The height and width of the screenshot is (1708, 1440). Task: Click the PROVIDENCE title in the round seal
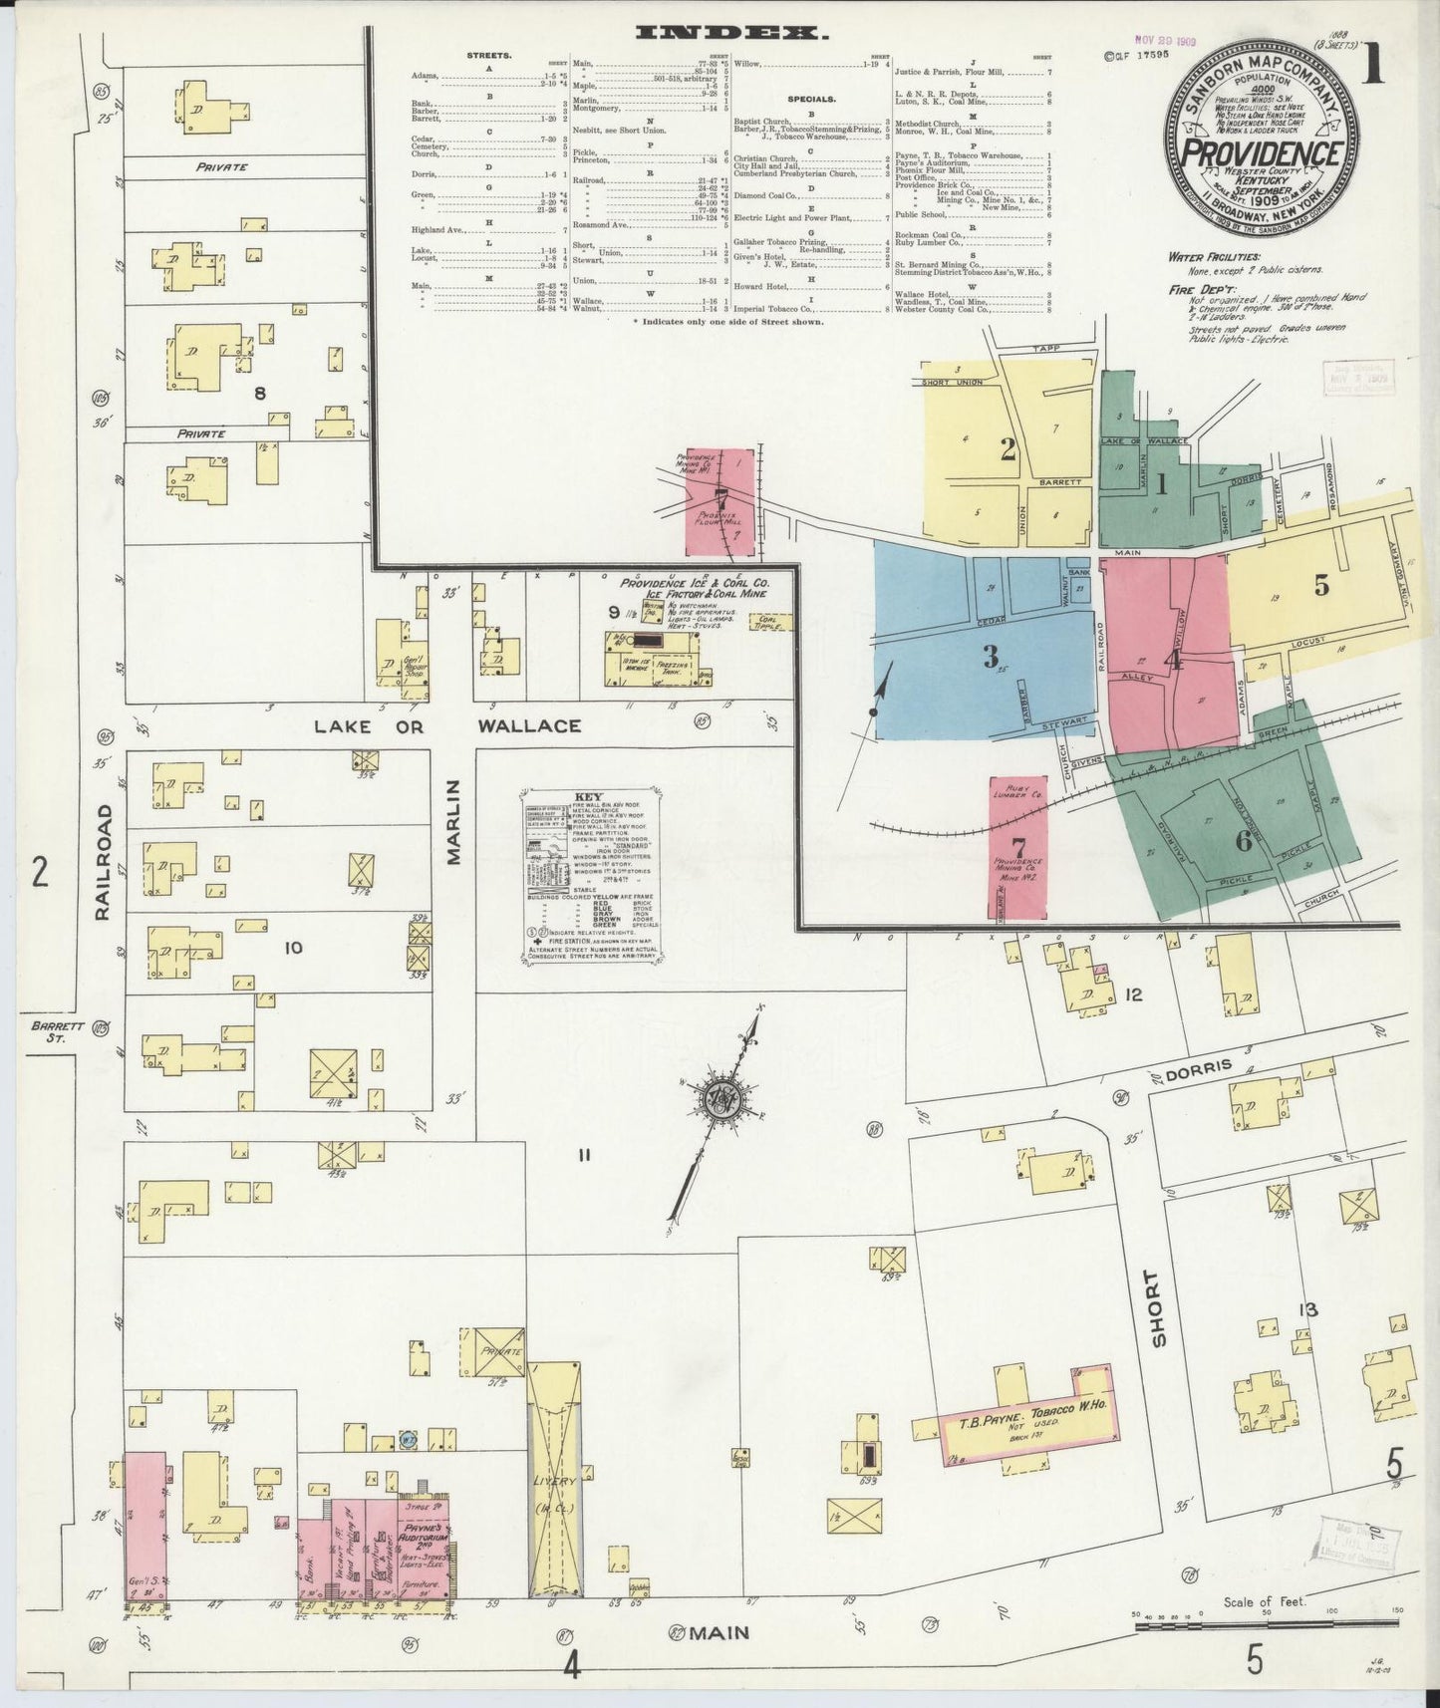1261,153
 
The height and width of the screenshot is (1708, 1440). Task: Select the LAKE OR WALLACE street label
447,725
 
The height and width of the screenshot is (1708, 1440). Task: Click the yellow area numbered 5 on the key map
1320,586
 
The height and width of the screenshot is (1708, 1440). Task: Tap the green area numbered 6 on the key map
1243,840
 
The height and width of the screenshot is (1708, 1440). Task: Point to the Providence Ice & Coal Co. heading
694,582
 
